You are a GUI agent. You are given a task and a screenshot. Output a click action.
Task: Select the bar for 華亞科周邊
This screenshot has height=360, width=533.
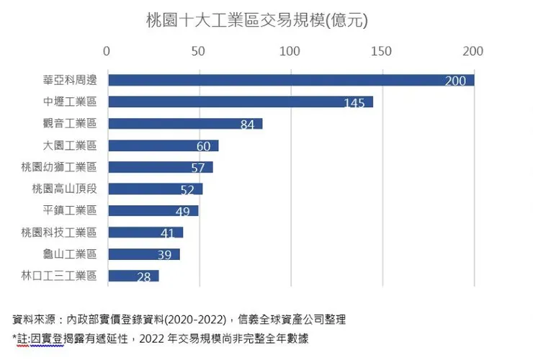(x=288, y=80)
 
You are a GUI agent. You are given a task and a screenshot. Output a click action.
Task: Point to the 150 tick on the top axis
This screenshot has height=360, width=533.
(x=382, y=51)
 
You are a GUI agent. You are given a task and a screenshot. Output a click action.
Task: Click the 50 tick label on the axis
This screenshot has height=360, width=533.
(x=198, y=51)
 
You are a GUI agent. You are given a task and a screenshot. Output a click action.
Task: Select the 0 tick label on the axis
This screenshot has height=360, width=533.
(x=107, y=51)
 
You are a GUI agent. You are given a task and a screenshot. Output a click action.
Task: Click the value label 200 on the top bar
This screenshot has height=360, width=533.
(x=455, y=81)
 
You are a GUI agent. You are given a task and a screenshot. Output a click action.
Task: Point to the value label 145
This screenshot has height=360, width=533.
(x=354, y=103)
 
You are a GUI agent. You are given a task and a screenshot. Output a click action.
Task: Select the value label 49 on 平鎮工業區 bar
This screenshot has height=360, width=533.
(x=182, y=212)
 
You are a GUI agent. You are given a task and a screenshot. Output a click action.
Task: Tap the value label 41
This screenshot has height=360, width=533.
(x=168, y=233)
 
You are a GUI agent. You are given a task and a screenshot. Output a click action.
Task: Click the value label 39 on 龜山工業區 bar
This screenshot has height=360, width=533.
(x=164, y=255)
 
